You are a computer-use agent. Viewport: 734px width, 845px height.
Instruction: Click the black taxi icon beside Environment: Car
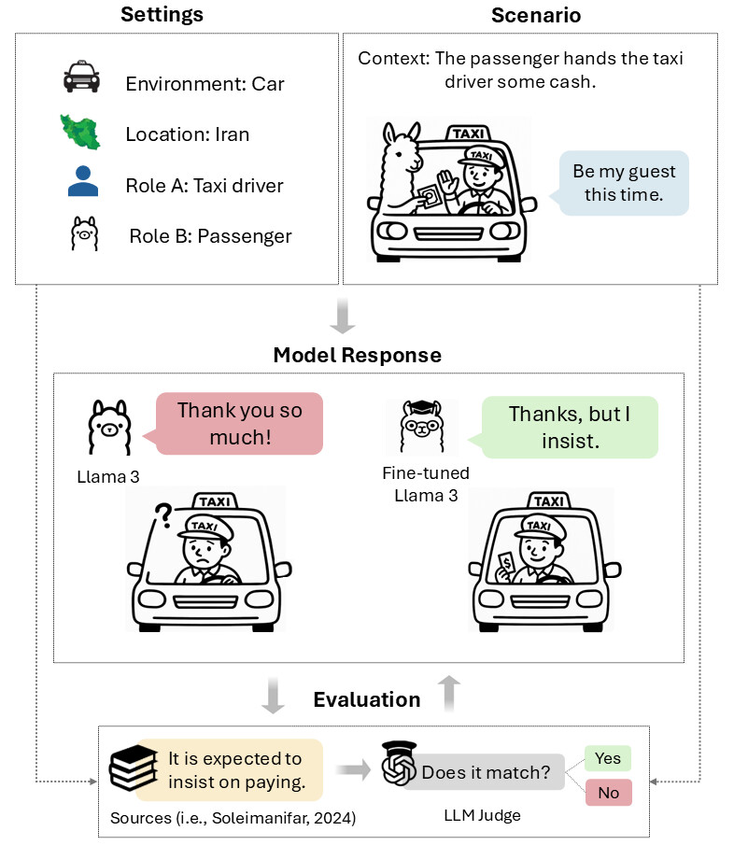81,78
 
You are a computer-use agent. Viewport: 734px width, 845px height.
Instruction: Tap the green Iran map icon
81,133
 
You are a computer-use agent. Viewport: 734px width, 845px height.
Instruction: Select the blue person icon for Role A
82,181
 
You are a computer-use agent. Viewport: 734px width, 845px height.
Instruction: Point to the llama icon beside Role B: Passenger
84,233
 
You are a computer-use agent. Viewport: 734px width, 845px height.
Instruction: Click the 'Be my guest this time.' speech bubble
623,183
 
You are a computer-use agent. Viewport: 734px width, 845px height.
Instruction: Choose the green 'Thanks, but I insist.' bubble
569,427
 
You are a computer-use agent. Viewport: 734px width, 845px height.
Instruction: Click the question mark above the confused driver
166,513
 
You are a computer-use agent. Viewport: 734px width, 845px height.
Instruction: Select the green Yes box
607,758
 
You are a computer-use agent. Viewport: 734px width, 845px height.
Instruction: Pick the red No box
607,793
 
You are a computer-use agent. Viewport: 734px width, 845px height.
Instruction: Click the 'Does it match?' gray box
486,773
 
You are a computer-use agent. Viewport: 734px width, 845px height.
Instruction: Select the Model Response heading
357,356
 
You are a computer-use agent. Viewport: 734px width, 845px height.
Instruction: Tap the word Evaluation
366,699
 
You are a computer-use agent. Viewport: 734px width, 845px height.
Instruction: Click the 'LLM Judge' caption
482,815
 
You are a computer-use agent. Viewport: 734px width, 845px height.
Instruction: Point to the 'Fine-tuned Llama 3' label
426,484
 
